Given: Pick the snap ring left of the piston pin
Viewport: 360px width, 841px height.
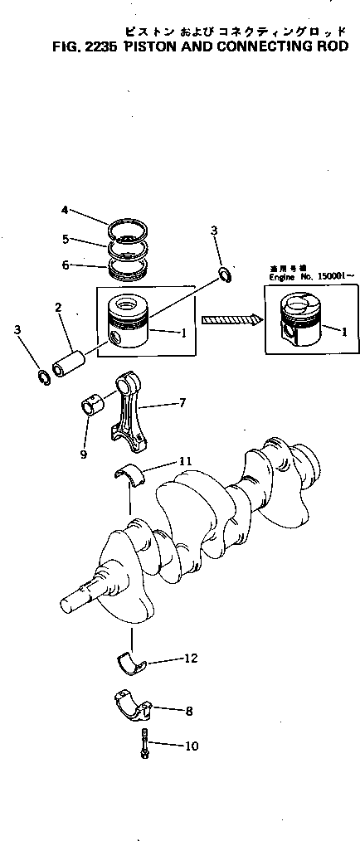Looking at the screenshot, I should click(43, 378).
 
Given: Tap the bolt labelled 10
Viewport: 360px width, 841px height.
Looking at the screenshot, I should click(144, 743).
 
